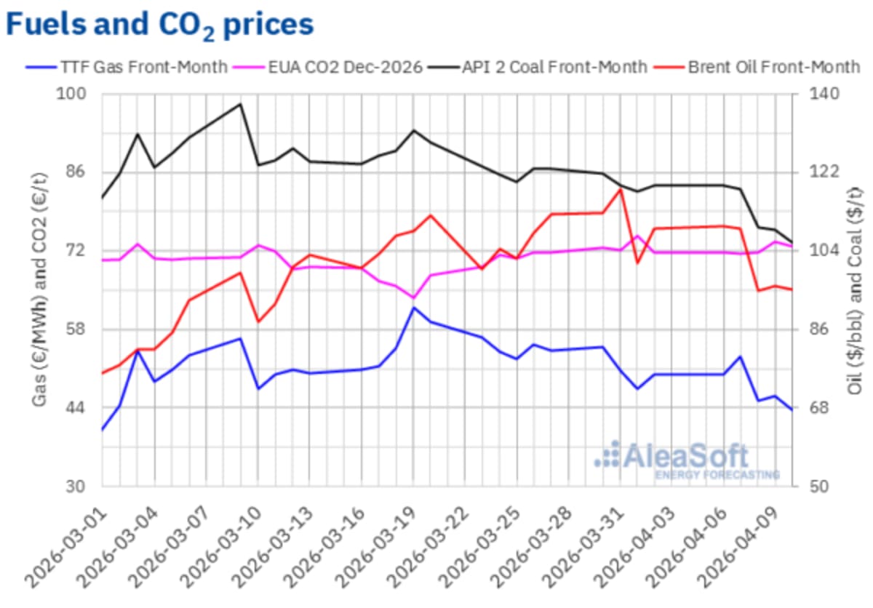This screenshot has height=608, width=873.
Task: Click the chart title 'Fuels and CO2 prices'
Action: click(160, 24)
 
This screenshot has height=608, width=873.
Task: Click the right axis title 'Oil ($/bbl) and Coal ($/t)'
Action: click(856, 291)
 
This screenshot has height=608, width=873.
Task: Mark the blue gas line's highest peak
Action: click(414, 308)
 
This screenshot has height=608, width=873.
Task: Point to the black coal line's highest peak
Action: click(240, 104)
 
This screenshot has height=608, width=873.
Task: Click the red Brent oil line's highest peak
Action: click(621, 190)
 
